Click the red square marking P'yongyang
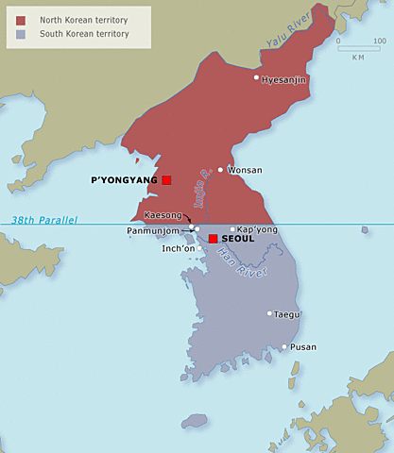[x=166, y=179]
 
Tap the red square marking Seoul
[x=214, y=238]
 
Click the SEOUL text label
[x=237, y=239]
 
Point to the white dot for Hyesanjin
[x=256, y=77]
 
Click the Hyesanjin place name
[x=284, y=79]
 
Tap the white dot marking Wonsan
[x=220, y=170]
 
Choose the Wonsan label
[x=245, y=170]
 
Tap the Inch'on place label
[x=180, y=248]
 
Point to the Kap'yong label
[x=258, y=229]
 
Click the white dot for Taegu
[x=269, y=313]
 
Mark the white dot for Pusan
[x=283, y=346]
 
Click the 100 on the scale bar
[x=379, y=42]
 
